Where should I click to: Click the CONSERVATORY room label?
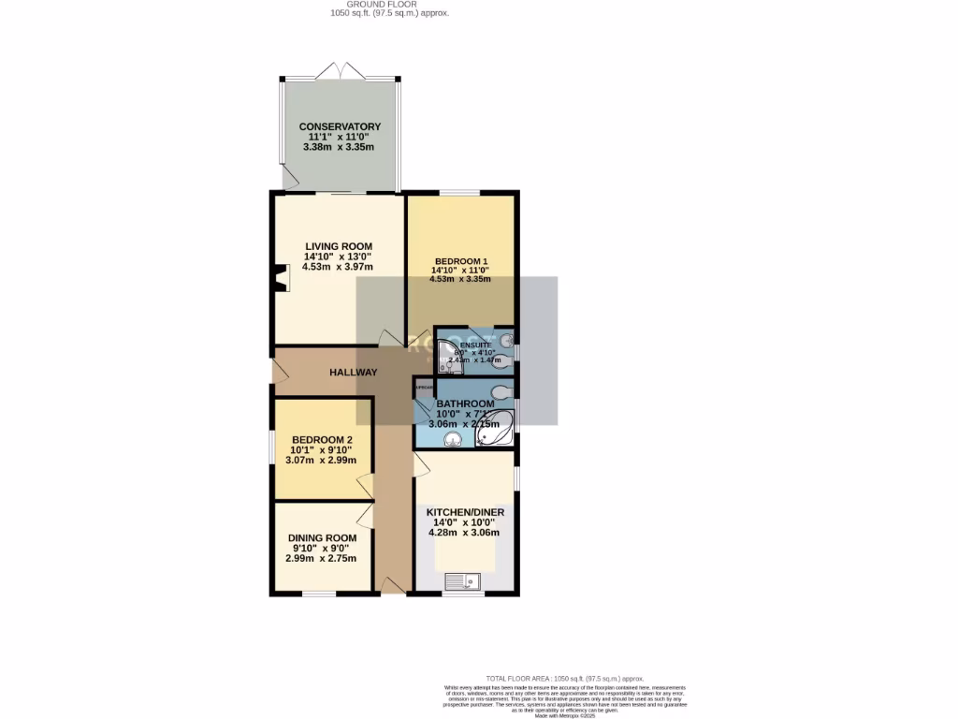(x=340, y=126)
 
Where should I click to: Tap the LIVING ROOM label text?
(x=338, y=246)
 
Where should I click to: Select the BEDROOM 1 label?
(x=459, y=261)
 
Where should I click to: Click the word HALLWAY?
(x=354, y=373)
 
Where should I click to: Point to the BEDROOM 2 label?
(x=321, y=440)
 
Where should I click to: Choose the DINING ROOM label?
(x=321, y=537)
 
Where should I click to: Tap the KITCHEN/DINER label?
(x=465, y=513)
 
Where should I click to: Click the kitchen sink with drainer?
(x=463, y=580)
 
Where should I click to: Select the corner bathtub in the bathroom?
(x=495, y=428)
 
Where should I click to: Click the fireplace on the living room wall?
(x=281, y=278)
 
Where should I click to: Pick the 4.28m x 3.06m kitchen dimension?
(x=464, y=533)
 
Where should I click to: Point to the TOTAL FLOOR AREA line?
(x=564, y=678)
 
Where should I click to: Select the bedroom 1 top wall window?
(x=459, y=194)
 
